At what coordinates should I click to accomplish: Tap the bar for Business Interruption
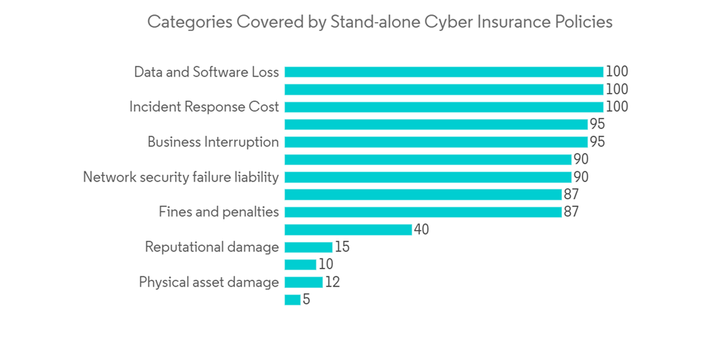[x=436, y=142]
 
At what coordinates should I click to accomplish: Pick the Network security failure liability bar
[x=428, y=177]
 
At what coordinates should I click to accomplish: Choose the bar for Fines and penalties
[x=423, y=212]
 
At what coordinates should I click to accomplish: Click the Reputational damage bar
[x=308, y=247]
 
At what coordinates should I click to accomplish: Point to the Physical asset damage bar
[x=303, y=282]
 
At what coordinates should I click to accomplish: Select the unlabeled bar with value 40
[x=348, y=229]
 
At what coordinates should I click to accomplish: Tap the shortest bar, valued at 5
[x=293, y=300]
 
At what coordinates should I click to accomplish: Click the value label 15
[x=342, y=247]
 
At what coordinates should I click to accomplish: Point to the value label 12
[x=332, y=282]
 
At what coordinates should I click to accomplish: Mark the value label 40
[x=421, y=229]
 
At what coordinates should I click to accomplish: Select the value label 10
[x=326, y=265]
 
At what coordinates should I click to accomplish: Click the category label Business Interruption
[x=213, y=142]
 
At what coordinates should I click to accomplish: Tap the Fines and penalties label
[x=218, y=212]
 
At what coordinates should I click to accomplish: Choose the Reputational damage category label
[x=211, y=247]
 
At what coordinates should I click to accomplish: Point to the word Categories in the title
[x=187, y=22]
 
